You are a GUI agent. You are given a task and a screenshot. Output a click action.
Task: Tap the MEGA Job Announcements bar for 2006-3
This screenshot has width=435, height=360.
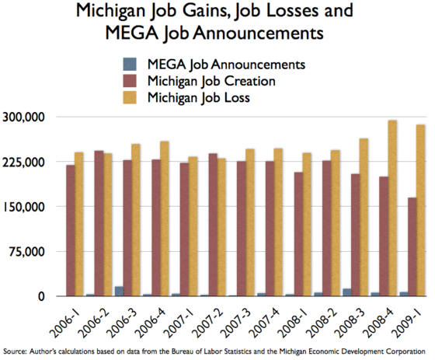pos(119,292)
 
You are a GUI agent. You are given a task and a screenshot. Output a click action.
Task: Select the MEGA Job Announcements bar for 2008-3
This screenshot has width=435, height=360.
pos(347,292)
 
